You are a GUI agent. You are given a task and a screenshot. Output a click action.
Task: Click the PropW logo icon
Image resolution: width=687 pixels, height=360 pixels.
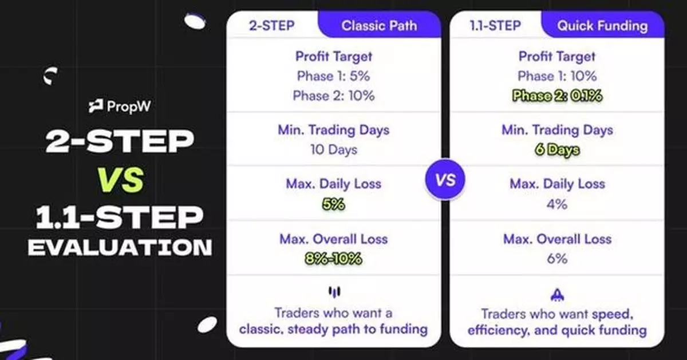coord(96,106)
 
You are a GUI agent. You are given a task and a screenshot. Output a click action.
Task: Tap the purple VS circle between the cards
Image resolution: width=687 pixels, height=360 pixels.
coord(445,179)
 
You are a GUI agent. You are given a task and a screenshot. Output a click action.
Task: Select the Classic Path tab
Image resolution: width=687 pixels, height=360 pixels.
coord(379,25)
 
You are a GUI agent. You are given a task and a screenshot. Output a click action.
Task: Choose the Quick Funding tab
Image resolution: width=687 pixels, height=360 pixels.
coord(602,25)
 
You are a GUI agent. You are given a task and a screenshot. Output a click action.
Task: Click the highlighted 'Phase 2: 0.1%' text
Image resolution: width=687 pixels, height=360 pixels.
coord(557,96)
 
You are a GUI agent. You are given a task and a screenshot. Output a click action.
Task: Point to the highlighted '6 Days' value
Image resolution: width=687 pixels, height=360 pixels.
coord(557,150)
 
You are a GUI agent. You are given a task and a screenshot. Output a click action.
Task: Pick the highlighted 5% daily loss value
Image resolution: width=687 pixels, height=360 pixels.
coord(333,204)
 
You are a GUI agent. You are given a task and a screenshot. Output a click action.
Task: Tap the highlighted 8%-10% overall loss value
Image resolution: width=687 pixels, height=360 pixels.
coord(333,258)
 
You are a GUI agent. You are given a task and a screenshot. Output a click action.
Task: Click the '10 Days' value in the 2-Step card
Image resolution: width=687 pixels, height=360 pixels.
coord(333,150)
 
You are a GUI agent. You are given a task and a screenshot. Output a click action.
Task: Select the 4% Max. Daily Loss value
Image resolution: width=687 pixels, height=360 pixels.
coord(557,204)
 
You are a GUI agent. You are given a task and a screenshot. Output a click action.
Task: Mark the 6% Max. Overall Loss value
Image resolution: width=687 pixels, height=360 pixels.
coord(557,258)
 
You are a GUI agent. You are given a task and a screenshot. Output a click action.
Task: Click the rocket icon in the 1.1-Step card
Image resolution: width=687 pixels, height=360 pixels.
coord(556,294)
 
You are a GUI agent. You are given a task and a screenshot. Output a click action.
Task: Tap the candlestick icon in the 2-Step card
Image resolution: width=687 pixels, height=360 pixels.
coord(333,292)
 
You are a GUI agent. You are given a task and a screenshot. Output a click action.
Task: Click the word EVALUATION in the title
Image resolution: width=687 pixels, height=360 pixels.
coord(120,247)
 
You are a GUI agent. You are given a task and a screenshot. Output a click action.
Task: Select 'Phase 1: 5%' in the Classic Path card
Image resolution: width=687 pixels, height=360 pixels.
coord(333,76)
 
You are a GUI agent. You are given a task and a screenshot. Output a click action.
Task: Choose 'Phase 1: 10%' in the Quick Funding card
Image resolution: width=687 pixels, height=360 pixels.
coord(557,76)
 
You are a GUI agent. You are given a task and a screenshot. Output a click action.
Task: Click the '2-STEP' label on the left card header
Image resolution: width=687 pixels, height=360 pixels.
coord(272,25)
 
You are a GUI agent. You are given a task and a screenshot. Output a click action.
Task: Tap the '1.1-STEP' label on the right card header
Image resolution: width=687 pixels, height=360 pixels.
coord(495,25)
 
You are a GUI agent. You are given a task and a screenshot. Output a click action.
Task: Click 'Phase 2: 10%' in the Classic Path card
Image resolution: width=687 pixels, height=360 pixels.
coord(333,96)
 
